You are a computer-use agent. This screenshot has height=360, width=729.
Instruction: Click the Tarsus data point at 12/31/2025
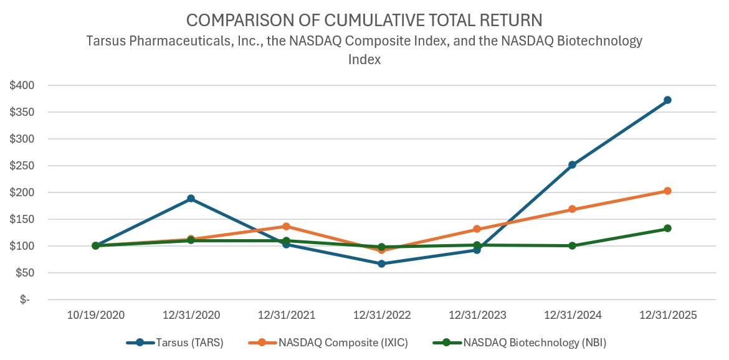pos(667,100)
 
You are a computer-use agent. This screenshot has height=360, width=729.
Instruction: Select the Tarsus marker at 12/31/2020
pos(191,199)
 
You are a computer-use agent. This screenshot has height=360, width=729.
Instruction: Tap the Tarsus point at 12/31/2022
pos(381,263)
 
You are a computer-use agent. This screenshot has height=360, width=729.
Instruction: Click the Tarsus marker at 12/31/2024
pos(572,165)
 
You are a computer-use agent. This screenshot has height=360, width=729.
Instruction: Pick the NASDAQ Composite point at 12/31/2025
pos(667,191)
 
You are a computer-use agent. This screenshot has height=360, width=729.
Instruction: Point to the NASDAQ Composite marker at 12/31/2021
pos(286,226)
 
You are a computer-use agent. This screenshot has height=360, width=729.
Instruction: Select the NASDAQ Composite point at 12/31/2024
pos(572,209)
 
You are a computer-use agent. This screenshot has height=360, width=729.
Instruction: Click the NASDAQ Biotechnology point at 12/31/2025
pos(667,229)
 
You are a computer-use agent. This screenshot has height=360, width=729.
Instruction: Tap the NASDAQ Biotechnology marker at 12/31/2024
pos(572,246)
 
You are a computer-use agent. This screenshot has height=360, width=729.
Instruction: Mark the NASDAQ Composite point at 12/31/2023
pos(477,229)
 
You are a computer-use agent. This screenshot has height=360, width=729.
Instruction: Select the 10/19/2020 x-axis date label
pos(95,315)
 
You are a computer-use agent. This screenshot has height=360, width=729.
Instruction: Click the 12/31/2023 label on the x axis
pos(477,315)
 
